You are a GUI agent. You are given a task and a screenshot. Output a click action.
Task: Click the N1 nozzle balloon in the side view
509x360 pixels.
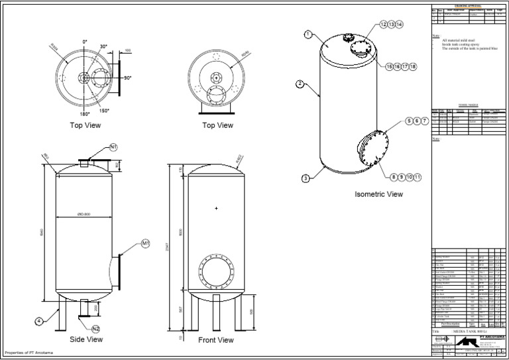113,147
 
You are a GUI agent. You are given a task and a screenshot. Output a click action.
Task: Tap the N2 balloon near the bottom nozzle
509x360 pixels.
95,328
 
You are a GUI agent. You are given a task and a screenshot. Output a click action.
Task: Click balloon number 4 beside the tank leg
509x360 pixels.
39,321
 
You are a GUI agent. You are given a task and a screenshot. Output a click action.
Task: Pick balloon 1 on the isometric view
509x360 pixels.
308,34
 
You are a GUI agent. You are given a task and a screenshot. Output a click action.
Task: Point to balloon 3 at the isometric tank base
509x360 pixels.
306,178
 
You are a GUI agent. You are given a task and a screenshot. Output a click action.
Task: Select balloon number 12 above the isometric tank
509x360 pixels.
384,24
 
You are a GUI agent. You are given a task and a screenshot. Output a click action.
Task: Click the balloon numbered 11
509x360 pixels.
418,176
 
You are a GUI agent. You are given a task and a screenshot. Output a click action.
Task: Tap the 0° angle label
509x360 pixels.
85,42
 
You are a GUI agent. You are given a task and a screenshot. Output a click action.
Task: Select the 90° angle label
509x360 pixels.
127,78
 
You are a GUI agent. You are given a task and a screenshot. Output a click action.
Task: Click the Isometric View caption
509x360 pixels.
378,195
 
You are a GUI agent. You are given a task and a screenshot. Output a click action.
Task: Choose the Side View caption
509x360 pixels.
87,339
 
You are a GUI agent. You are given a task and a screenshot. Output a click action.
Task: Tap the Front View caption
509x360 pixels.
216,340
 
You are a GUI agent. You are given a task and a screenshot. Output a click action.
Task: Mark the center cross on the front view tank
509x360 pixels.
216,209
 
